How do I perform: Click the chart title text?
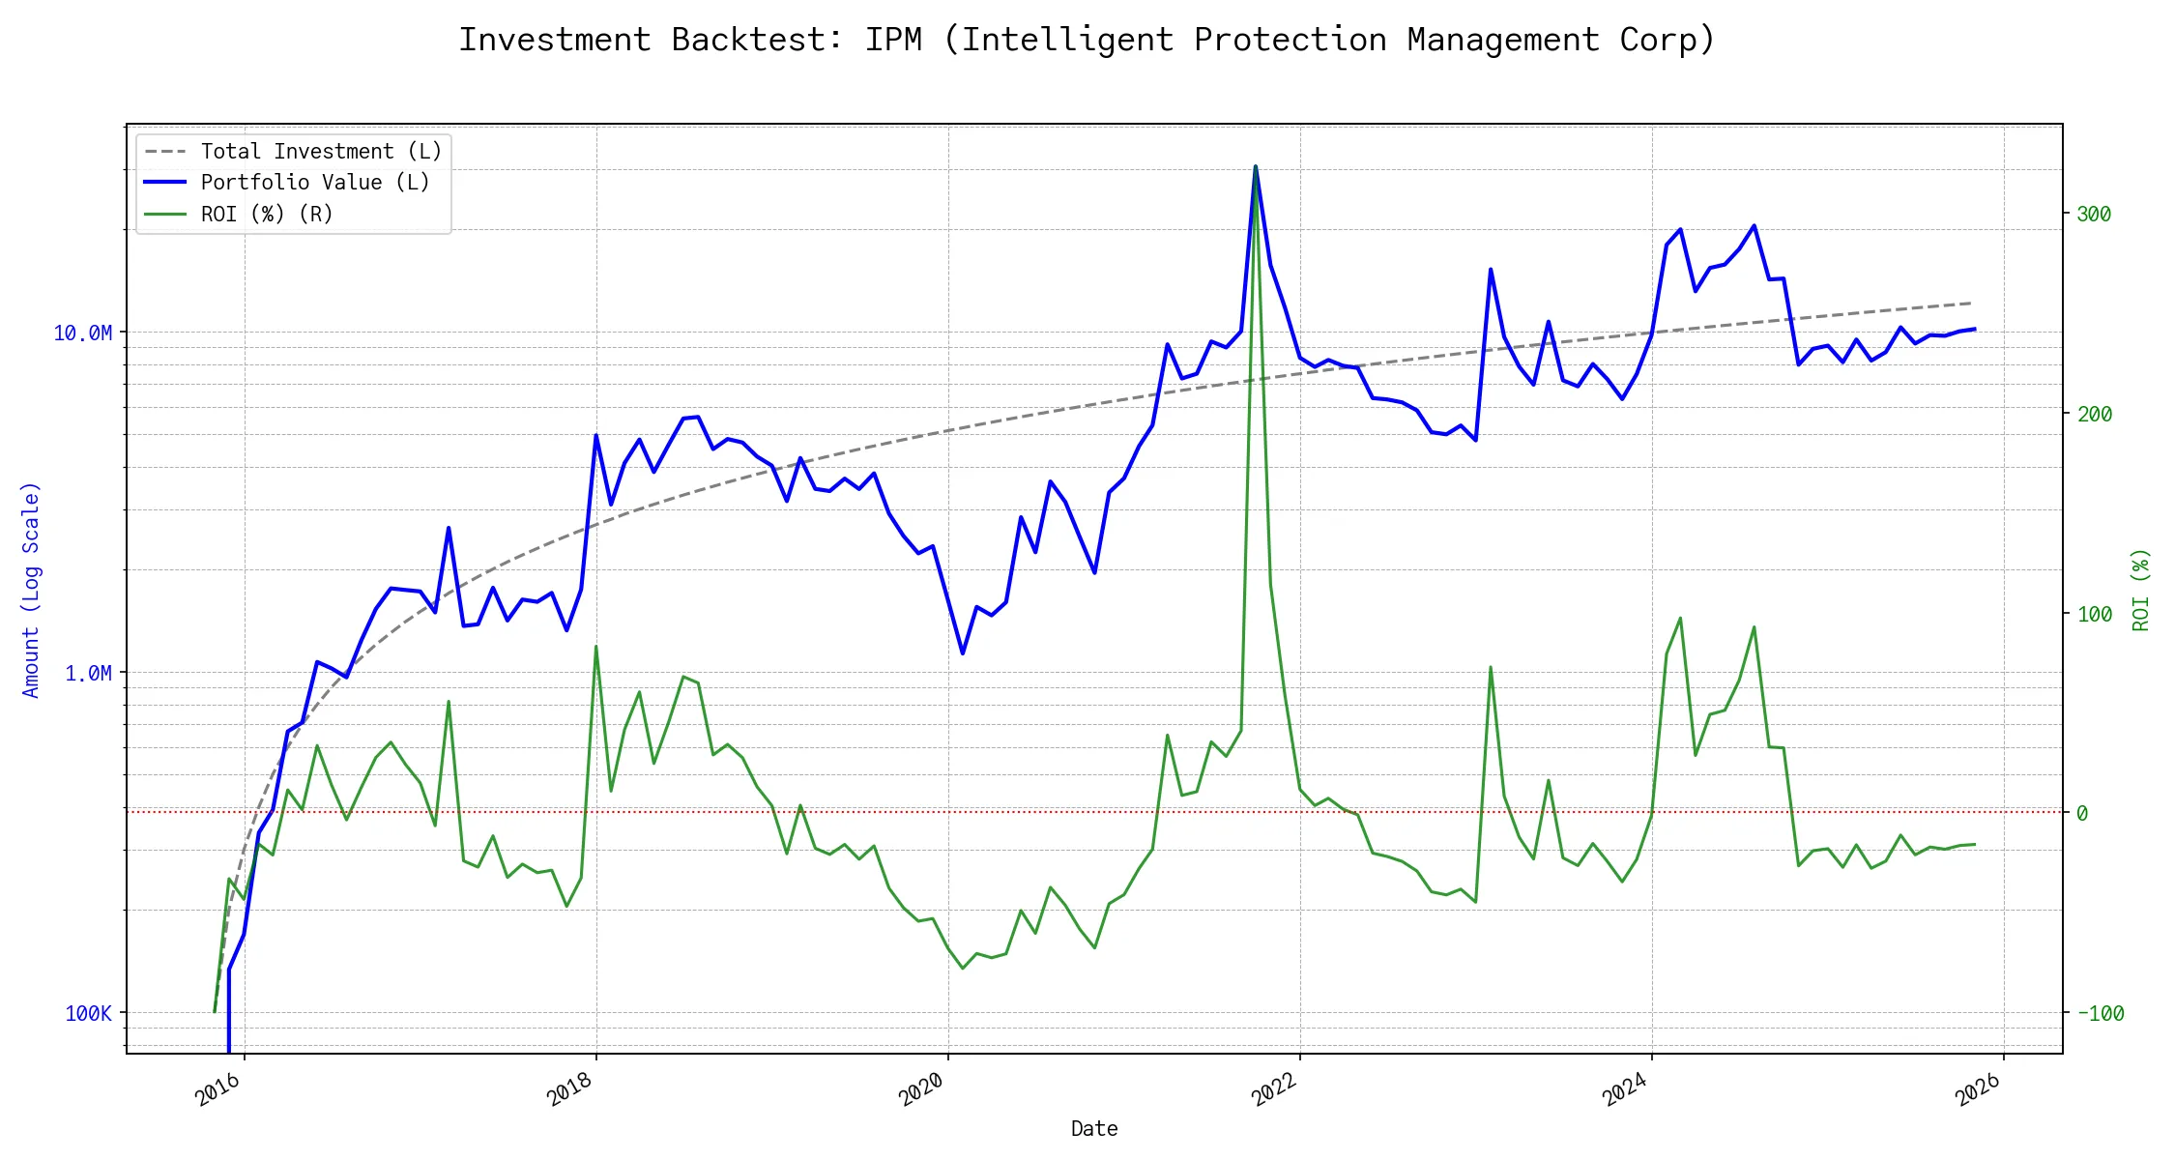pos(1087,40)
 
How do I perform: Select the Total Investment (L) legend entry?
pos(321,152)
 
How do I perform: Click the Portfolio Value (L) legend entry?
pos(315,183)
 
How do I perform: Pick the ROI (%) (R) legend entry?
pos(267,215)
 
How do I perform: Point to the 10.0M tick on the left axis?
pos(83,333)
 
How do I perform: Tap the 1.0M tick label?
pos(89,674)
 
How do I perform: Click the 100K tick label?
pos(89,1014)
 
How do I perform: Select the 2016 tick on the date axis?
pos(218,1089)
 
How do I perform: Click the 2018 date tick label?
pos(570,1089)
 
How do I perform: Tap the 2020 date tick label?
pos(922,1089)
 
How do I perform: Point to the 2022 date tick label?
pos(1274,1089)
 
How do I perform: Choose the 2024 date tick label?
pos(1626,1089)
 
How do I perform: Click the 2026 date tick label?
pos(1978,1089)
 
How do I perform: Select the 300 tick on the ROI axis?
pos(2094,215)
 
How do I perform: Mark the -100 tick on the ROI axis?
pos(2100,1014)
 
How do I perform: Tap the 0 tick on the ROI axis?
pos(2082,814)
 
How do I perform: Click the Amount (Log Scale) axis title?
pos(31,590)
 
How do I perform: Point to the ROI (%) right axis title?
pos(2141,590)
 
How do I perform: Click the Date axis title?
pos(1094,1129)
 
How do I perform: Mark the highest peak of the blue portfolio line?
pos(1255,167)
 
